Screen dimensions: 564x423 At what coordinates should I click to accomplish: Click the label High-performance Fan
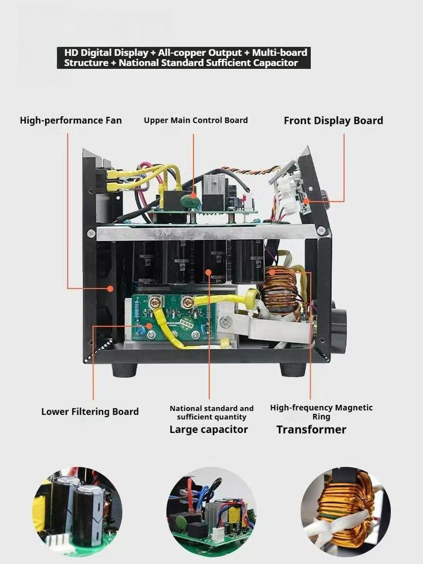coord(71,120)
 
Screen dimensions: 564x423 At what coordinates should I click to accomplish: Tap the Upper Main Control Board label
coord(195,120)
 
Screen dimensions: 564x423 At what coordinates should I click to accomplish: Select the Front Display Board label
coord(333,120)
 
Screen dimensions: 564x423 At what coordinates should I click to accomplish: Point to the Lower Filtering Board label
coord(90,411)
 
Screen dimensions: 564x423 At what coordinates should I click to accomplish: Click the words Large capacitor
coord(208,429)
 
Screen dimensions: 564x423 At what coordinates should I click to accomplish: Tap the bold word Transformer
coord(311,429)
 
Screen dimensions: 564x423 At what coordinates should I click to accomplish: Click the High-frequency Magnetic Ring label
coord(321,412)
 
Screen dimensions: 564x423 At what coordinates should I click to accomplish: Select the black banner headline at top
coord(183,58)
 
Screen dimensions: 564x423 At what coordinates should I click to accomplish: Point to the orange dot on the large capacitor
coord(209,272)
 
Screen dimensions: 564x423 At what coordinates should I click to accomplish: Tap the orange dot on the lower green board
coord(150,324)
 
